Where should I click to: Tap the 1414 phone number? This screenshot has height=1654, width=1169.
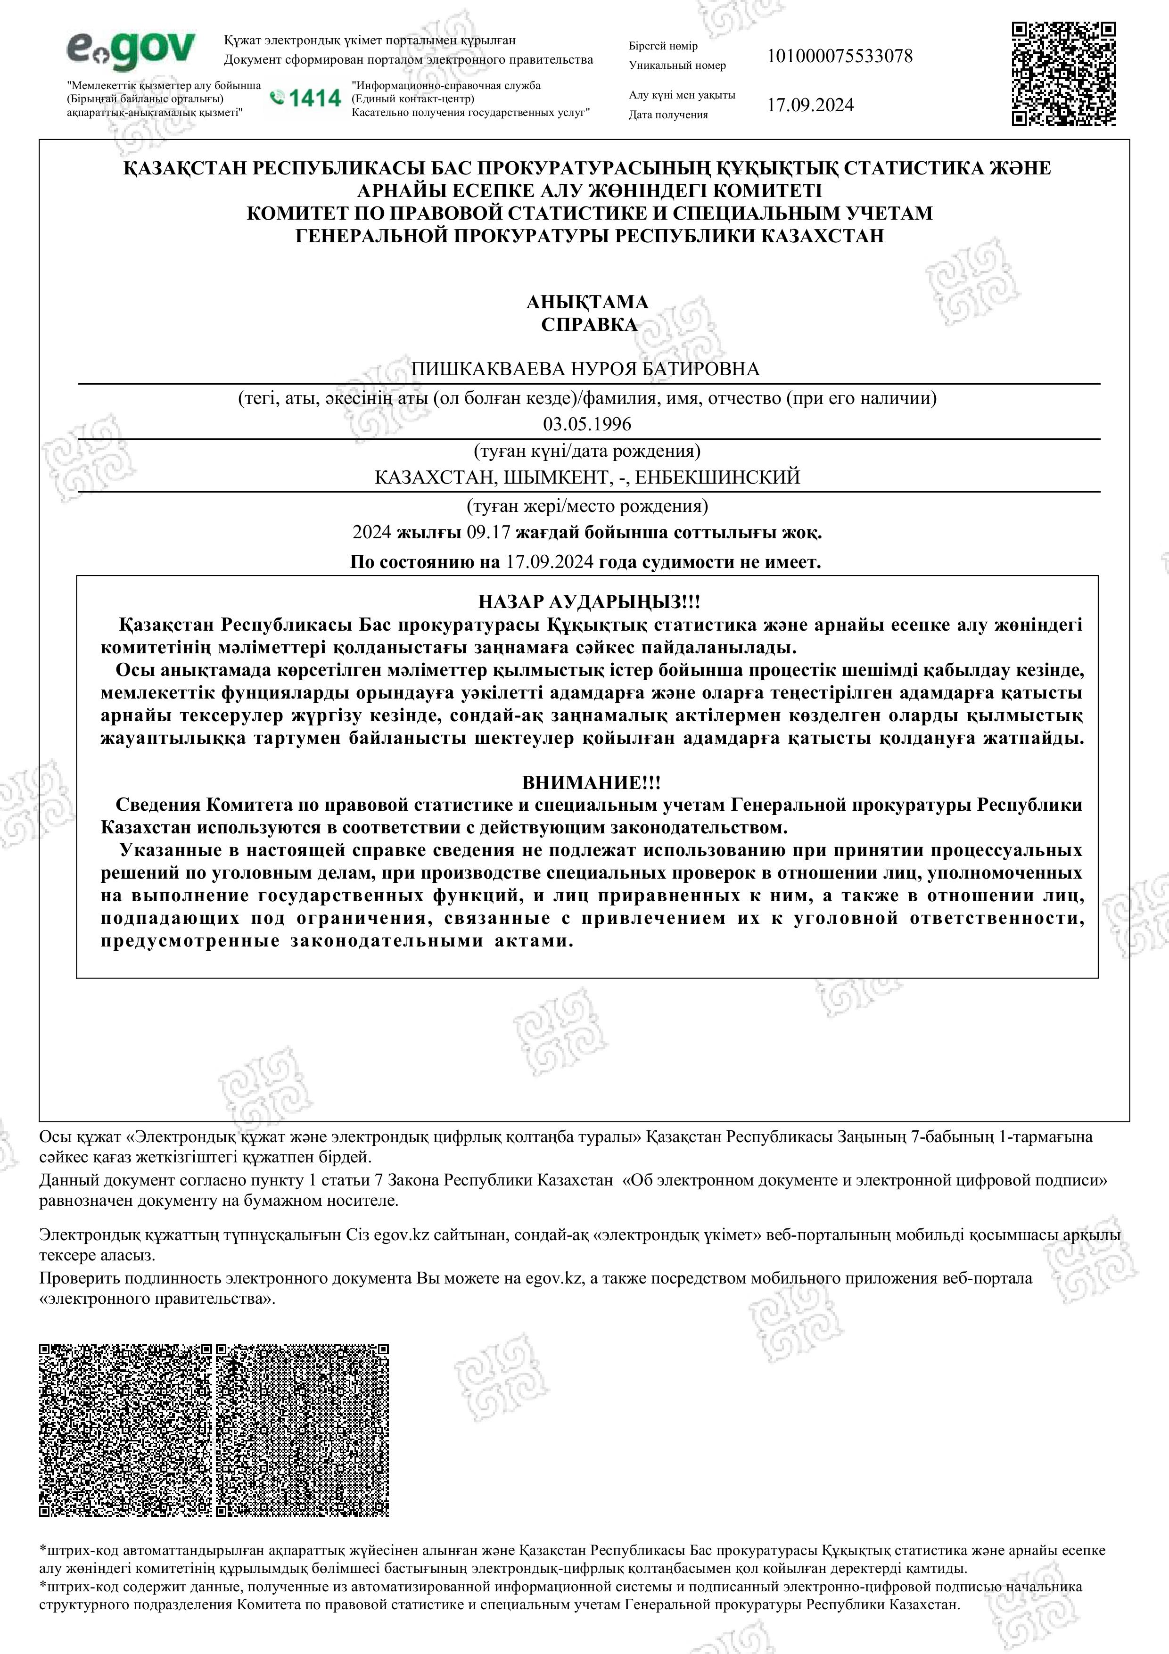click(305, 98)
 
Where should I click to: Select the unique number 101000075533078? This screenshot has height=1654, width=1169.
click(839, 56)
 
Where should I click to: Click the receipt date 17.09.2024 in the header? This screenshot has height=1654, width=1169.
click(810, 105)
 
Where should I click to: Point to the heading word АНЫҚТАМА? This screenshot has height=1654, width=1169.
click(587, 301)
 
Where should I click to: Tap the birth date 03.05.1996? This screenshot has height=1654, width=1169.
click(587, 424)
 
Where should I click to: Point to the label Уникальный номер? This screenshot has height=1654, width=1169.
click(677, 66)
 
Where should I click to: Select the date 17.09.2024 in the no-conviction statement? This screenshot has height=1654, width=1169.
click(550, 562)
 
